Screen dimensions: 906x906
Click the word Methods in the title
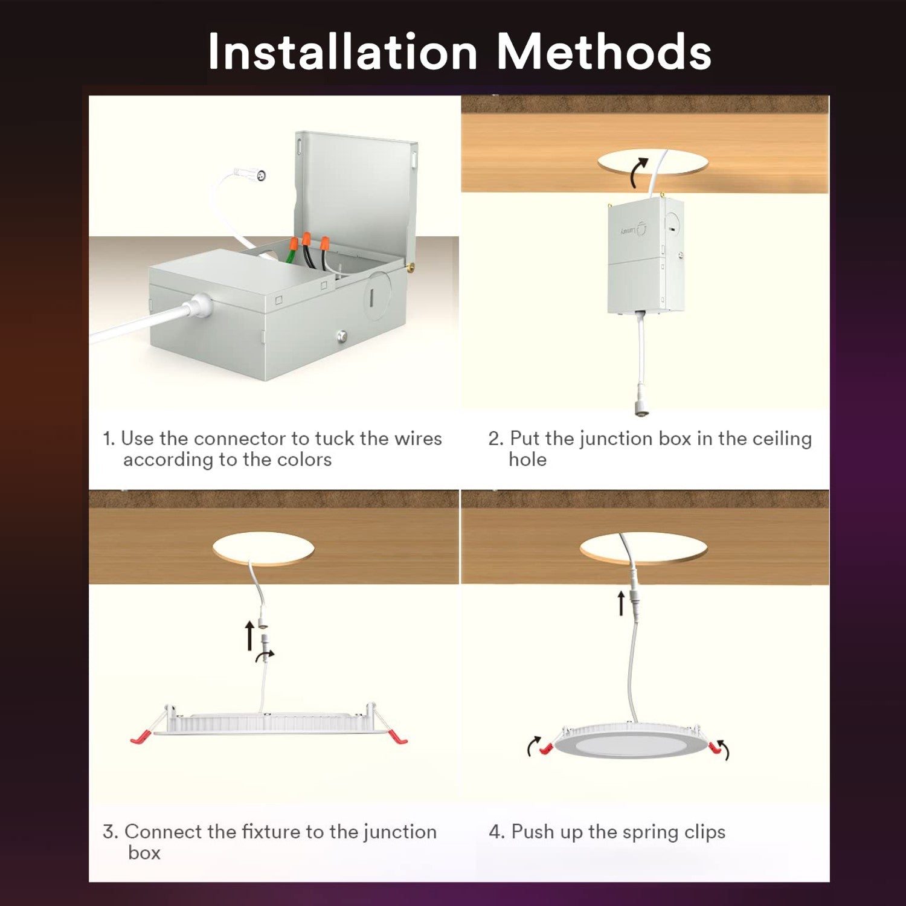tap(604, 52)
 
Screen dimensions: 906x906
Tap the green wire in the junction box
tap(291, 256)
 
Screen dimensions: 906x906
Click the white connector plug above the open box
tap(250, 175)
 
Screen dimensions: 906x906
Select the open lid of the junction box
tap(356, 199)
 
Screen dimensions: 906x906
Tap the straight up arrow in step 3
tap(249, 637)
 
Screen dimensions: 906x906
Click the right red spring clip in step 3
tap(397, 737)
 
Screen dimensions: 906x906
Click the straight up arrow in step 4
tap(621, 603)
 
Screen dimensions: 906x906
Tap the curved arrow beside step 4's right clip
tap(724, 749)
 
